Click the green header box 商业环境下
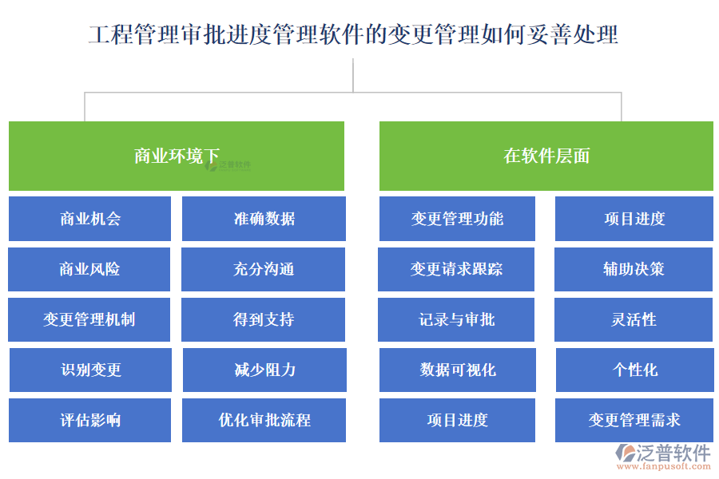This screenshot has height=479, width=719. (x=176, y=156)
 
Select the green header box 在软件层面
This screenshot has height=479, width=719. (x=546, y=156)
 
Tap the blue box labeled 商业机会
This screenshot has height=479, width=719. (x=89, y=219)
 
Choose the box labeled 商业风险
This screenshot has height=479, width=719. (x=89, y=269)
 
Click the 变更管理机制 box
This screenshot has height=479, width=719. (x=89, y=319)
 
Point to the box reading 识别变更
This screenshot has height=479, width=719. (x=89, y=370)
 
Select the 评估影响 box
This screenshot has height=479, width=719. (x=89, y=420)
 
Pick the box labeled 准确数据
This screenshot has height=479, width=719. (x=264, y=219)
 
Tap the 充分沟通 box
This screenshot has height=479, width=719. (x=264, y=269)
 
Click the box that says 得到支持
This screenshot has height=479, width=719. (x=264, y=319)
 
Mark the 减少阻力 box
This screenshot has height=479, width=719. (x=264, y=370)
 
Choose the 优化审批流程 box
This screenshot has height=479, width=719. (x=264, y=420)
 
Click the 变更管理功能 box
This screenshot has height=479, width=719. (x=457, y=219)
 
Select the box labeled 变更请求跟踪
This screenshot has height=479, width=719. (x=457, y=269)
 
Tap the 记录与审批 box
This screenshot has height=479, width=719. (x=457, y=319)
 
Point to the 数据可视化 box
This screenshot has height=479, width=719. (x=457, y=370)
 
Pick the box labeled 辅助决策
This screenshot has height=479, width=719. (x=634, y=269)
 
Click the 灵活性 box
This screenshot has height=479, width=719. (x=634, y=319)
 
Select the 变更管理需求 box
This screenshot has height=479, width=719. (x=634, y=420)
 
